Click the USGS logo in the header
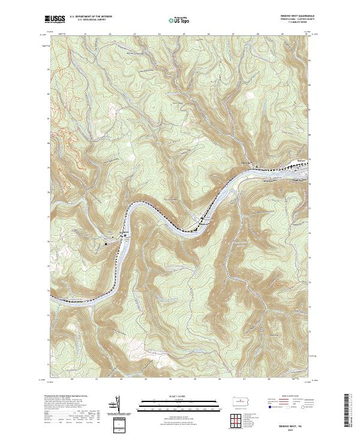[x=55, y=19]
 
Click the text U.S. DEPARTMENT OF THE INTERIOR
[x=91, y=17]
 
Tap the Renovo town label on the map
[x=301, y=160]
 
